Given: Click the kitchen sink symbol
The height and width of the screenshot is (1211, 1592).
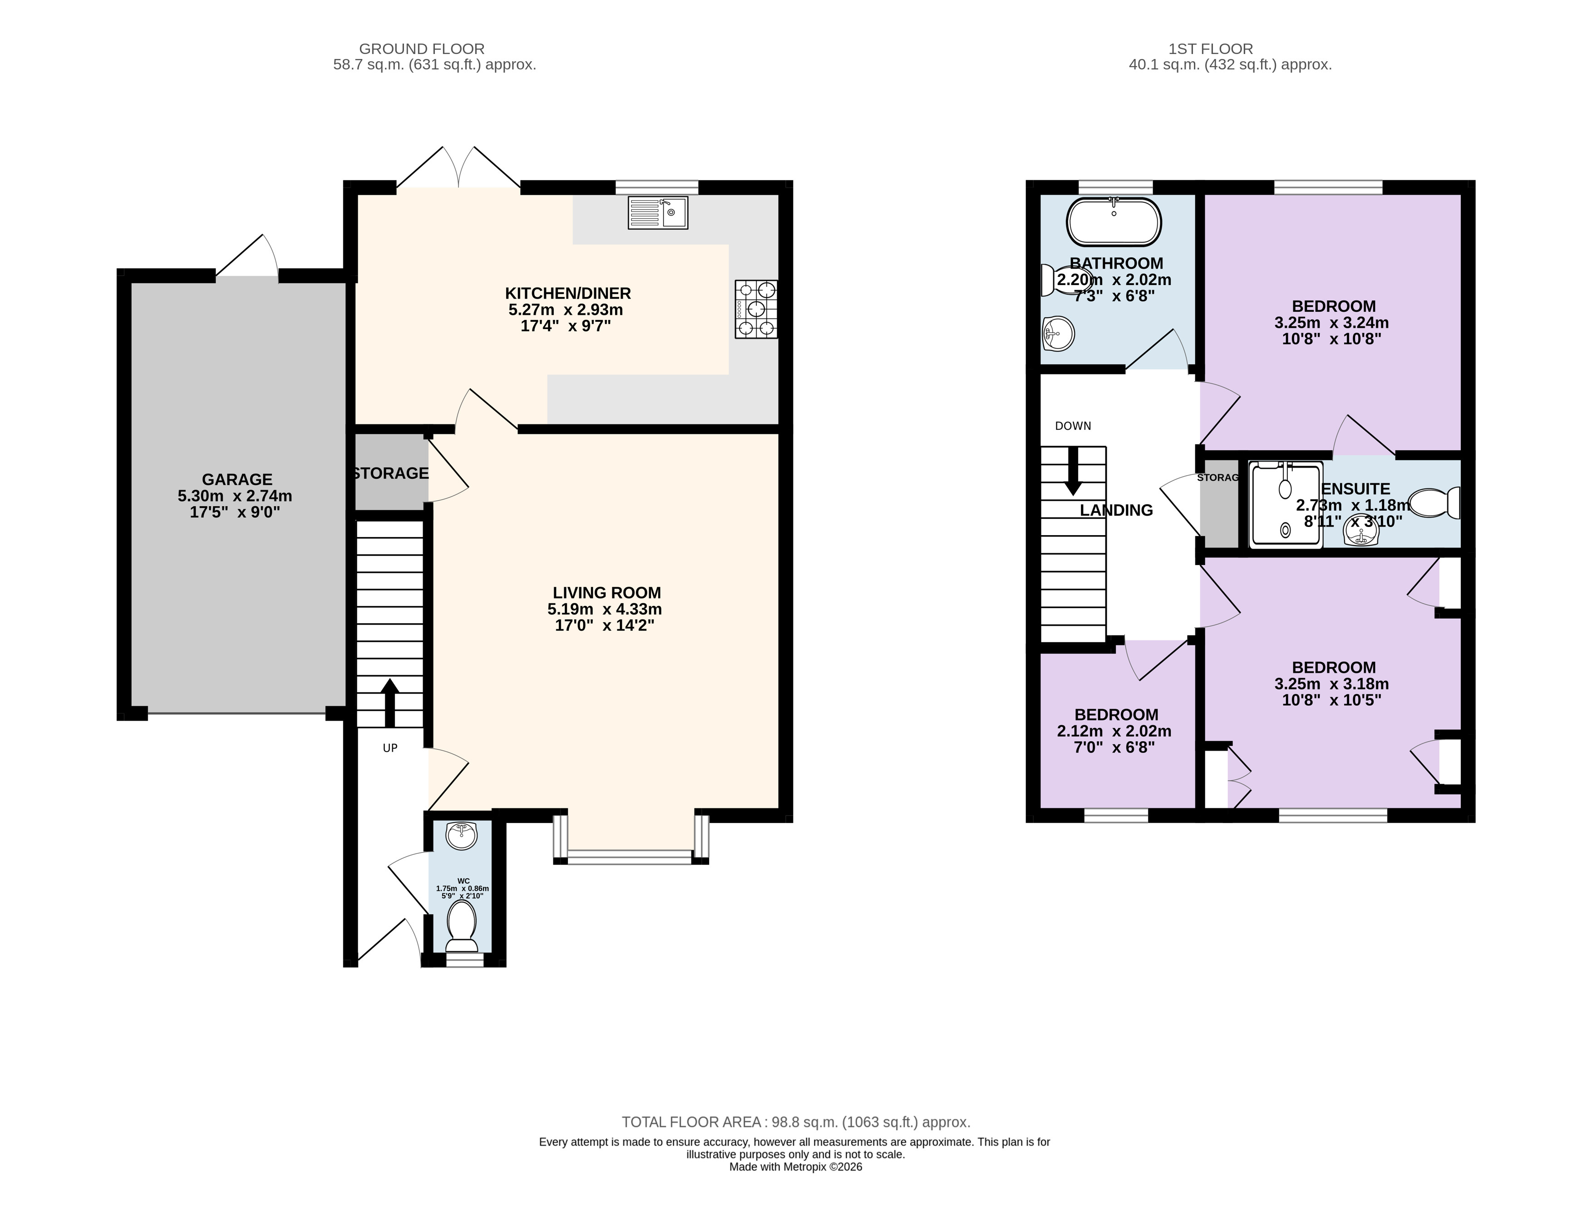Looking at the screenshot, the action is tap(658, 212).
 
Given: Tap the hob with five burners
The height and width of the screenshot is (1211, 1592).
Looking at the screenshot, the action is tap(756, 309).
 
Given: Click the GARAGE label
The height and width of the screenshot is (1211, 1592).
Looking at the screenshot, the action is tap(237, 479).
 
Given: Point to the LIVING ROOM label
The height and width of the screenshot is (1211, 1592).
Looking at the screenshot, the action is tap(606, 592).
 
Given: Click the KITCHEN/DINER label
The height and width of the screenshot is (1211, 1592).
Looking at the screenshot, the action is tap(567, 293).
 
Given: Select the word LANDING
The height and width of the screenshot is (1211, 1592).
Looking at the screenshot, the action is tap(1116, 510).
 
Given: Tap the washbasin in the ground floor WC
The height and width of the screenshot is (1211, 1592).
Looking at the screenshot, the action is tap(462, 836).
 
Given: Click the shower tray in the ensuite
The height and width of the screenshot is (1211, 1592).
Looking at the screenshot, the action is tap(1286, 505).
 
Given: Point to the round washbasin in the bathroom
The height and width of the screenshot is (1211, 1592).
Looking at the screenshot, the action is tap(1058, 334).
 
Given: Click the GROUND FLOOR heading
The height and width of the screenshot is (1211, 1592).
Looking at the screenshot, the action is tap(422, 49).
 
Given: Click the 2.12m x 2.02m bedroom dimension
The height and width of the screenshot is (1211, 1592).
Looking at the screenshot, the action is tap(1114, 731).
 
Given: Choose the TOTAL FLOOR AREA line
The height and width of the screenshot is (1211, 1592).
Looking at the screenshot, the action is tap(796, 1122).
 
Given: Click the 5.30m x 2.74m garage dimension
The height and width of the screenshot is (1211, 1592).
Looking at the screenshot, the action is tap(235, 496).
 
